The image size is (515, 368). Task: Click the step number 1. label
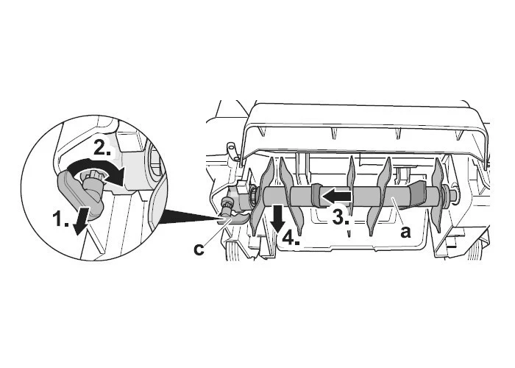[x=61, y=219]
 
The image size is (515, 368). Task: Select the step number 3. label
[x=341, y=217]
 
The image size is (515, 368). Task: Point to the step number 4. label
[x=291, y=238]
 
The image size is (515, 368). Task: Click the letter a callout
[x=405, y=233]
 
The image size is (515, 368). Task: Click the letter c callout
[x=199, y=250]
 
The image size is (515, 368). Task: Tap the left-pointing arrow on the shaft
[x=335, y=197]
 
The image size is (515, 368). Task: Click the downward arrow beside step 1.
[x=79, y=221]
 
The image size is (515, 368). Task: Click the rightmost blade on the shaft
[x=437, y=195]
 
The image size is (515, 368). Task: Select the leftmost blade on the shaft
[x=261, y=197]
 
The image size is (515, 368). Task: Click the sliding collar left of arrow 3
[x=318, y=197]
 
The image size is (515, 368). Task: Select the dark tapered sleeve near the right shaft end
[x=417, y=194]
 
